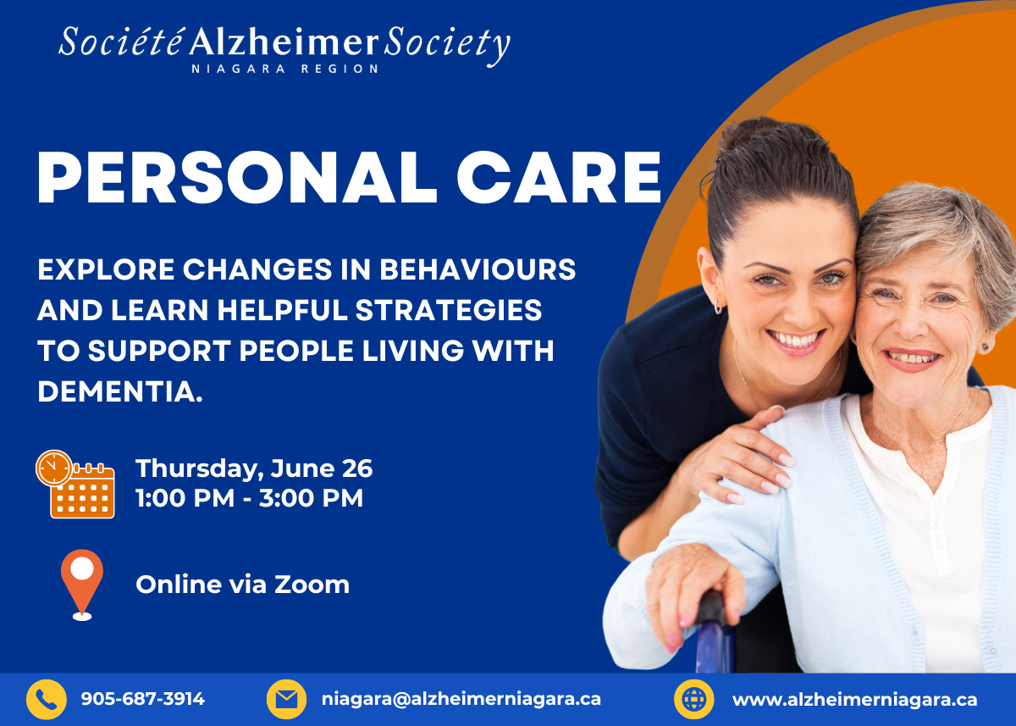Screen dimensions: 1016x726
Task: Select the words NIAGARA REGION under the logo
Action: (x=284, y=69)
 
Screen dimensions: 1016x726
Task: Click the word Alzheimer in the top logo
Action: (x=284, y=42)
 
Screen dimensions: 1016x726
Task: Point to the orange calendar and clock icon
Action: (x=75, y=485)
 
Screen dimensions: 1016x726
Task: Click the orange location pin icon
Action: (x=82, y=585)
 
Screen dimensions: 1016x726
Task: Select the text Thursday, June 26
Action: (x=254, y=468)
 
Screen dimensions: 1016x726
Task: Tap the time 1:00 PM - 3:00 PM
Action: (x=250, y=498)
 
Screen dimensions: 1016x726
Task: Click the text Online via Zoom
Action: (x=243, y=585)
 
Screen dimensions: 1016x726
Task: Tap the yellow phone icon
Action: (x=47, y=699)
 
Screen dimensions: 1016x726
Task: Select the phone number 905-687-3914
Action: (x=143, y=699)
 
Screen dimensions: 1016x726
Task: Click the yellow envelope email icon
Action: (x=286, y=699)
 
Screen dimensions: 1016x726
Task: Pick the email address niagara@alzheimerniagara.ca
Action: (x=461, y=700)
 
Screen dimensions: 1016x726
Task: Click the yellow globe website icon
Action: (x=694, y=699)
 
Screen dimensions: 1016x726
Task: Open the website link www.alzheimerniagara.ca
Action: (x=855, y=700)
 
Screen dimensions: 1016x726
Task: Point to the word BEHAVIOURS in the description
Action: (x=478, y=269)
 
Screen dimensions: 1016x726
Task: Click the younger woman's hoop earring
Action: (x=718, y=307)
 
